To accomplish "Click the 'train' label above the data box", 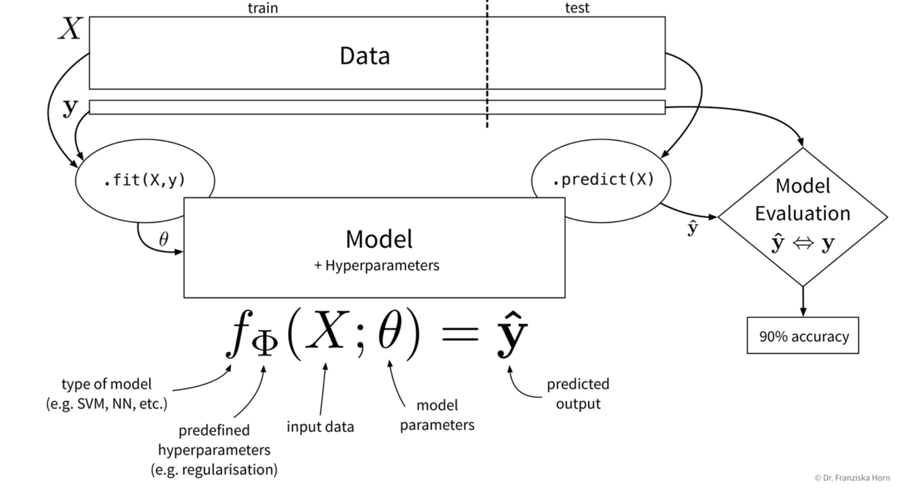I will (263, 8).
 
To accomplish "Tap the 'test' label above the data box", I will (577, 8).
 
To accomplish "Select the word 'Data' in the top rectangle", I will (364, 56).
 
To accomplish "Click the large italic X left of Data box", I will (70, 29).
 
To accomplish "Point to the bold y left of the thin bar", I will (70, 107).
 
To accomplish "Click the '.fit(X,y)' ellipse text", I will (144, 180).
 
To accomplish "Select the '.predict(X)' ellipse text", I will (603, 180).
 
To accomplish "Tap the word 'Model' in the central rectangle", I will (379, 239).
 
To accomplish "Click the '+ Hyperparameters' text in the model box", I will (377, 265).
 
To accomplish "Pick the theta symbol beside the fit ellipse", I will (164, 239).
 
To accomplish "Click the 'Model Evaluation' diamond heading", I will (802, 199).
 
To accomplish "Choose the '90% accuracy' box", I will (803, 336).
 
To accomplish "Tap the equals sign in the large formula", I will (460, 334).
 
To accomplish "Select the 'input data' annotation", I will (320, 427).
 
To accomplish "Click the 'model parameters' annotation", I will (437, 415).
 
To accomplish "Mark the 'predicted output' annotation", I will (578, 394).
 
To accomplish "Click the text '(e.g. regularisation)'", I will (214, 469).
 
